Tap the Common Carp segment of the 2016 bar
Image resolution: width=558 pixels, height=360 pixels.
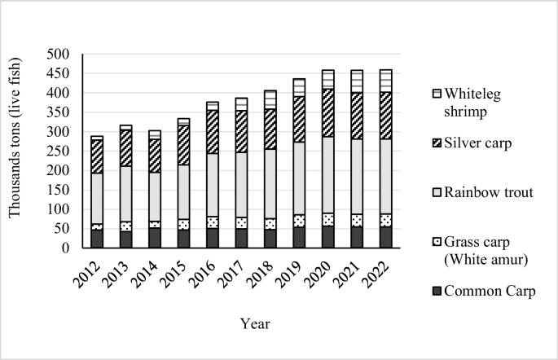[212, 238]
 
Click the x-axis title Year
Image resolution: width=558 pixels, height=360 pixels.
[255, 324]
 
